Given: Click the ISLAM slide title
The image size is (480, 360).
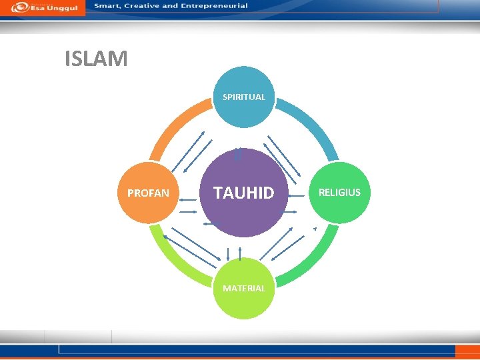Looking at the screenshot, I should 96,59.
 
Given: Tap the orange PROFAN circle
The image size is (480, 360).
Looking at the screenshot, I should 149,193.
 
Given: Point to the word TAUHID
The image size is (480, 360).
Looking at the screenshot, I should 244,193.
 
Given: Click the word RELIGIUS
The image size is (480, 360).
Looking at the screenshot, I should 339,193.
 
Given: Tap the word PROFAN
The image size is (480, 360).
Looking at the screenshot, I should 149,193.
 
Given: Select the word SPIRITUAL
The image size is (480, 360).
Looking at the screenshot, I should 244,97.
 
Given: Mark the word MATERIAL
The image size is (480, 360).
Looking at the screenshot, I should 244,289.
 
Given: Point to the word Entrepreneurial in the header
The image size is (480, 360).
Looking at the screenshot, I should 211,6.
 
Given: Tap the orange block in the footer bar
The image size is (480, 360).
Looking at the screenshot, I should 467,351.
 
